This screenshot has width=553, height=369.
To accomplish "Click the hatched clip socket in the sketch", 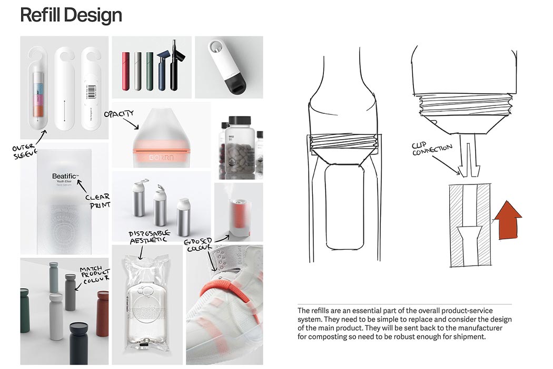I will (x=468, y=227).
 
